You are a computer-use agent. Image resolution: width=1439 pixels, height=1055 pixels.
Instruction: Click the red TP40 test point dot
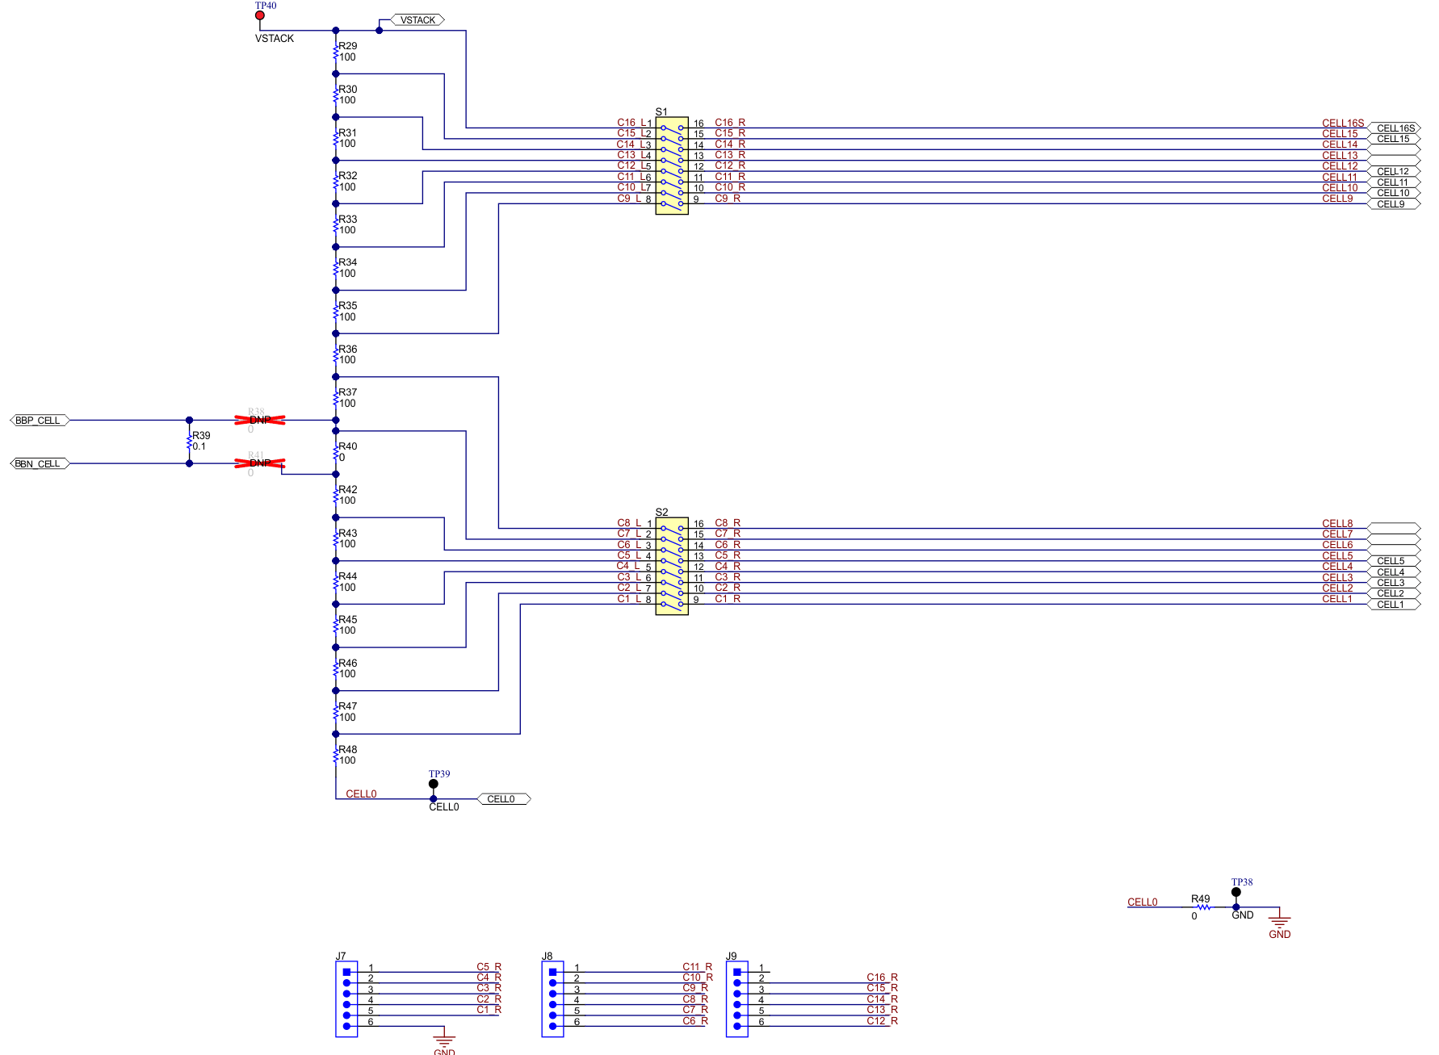(x=260, y=15)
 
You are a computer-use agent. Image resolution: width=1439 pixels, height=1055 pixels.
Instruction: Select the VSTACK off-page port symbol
(x=417, y=20)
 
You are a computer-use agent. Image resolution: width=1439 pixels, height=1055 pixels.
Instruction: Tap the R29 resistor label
(x=347, y=46)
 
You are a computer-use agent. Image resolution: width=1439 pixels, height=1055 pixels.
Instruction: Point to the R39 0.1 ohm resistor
(x=190, y=442)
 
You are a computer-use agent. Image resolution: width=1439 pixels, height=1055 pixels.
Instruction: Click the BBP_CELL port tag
(x=39, y=421)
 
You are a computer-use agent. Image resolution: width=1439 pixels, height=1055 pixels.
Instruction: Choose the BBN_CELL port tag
(x=39, y=463)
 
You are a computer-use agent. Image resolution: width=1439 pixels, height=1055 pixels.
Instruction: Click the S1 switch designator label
(x=661, y=111)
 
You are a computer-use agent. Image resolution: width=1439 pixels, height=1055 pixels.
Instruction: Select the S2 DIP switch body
(x=672, y=566)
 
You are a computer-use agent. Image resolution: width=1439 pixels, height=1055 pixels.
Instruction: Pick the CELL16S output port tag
(x=1395, y=128)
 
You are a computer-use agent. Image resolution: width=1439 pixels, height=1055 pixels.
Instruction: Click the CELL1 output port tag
(x=1392, y=605)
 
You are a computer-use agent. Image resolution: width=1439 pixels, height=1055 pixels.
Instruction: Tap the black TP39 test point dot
(x=434, y=784)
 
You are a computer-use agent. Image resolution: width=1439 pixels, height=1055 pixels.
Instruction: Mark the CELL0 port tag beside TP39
(x=503, y=799)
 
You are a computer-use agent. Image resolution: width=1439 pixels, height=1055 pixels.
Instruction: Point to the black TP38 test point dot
(x=1236, y=892)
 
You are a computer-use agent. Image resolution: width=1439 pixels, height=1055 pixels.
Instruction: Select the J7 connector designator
(x=341, y=956)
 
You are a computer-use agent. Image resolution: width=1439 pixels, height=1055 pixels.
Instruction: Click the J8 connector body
(x=553, y=998)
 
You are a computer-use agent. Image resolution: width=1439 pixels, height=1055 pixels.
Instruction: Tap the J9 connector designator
(x=731, y=956)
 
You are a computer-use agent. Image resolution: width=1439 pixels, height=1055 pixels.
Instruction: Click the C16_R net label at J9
(x=882, y=978)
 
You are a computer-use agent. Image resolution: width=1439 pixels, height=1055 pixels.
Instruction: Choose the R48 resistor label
(x=347, y=750)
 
